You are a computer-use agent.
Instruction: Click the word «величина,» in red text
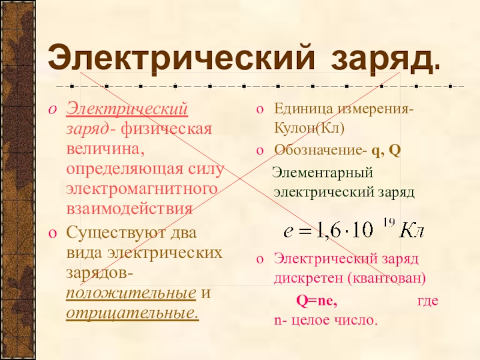point(106,149)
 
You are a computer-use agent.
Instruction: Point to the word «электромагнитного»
point(142,188)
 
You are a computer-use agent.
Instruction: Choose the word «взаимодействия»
point(129,209)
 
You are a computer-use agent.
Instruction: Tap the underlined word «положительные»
point(131,293)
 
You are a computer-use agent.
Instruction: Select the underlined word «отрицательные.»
point(133,313)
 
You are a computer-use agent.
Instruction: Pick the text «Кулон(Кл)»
point(309,128)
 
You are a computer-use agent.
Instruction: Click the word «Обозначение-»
point(320,150)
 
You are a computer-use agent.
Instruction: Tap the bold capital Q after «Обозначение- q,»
point(395,151)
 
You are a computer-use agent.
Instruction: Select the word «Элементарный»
point(323,173)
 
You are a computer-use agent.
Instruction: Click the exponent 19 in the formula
point(388,223)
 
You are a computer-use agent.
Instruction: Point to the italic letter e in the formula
point(288,232)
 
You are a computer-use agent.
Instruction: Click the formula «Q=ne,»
point(317,301)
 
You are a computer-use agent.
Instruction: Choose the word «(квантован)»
point(386,278)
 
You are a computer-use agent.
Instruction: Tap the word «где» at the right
point(428,301)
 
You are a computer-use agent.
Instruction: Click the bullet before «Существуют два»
point(52,233)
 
